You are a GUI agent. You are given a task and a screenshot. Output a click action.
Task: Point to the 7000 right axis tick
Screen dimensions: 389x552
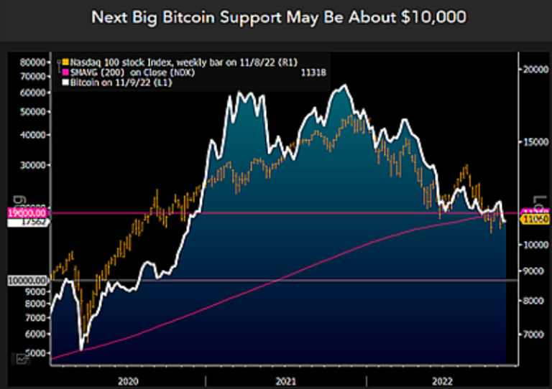tap(533, 334)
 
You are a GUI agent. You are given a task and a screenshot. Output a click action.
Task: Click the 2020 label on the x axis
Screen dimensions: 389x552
tap(127, 380)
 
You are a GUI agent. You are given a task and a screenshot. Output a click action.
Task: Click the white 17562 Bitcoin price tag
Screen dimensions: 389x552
tap(27, 222)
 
